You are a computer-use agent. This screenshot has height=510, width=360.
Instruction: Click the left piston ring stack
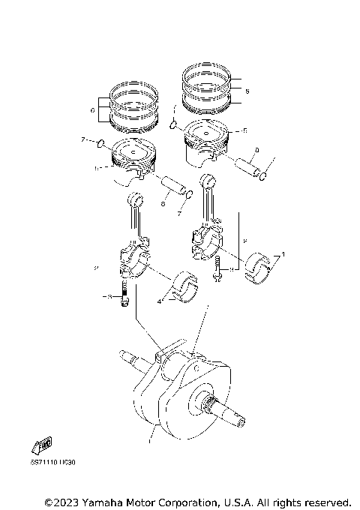[x=132, y=107]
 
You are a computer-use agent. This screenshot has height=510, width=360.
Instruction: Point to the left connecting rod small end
[x=136, y=199]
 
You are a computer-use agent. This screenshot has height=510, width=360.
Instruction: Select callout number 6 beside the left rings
[x=91, y=110]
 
